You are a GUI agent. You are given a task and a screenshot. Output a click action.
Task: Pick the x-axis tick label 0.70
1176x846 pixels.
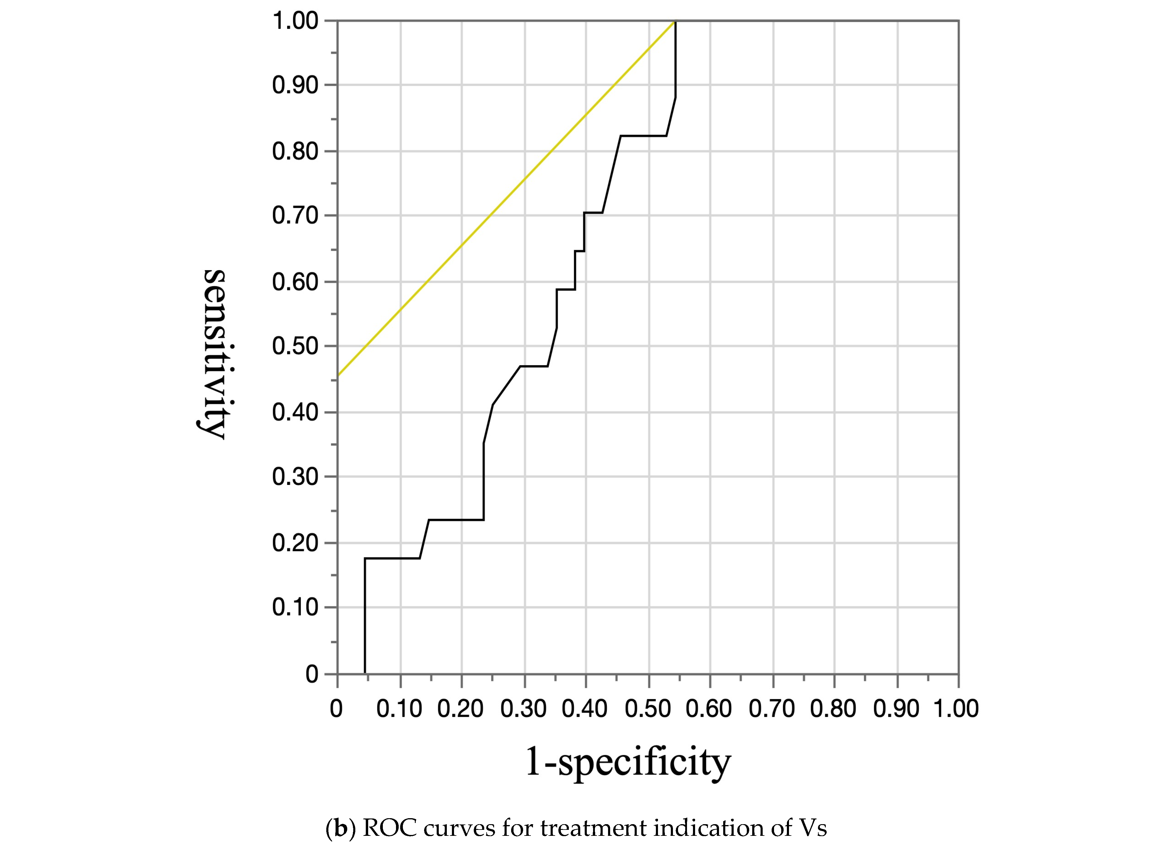[772, 709]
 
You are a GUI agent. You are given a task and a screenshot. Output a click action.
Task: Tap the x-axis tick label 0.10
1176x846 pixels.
[399, 709]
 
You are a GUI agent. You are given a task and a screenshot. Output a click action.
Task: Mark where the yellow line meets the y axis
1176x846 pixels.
[338, 375]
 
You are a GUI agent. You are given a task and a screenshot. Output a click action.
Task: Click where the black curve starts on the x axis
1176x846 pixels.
[365, 673]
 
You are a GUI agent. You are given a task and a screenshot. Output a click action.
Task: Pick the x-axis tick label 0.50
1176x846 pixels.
[648, 709]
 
